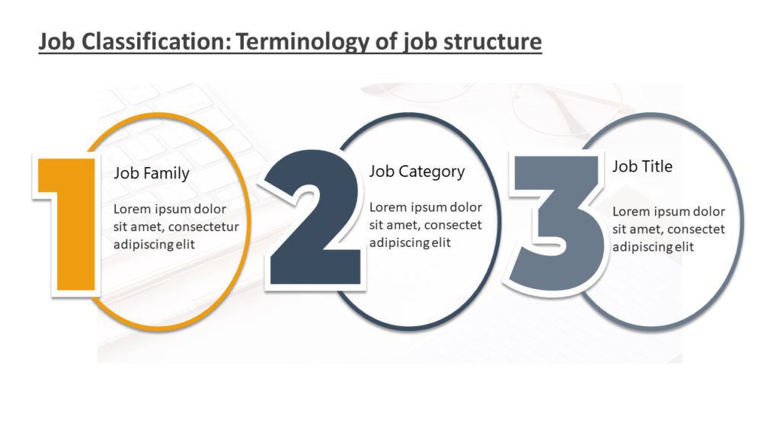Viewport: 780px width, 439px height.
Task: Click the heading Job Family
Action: [x=152, y=174]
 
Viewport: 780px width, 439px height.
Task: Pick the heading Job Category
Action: [x=417, y=171]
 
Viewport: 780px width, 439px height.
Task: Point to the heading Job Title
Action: [x=642, y=166]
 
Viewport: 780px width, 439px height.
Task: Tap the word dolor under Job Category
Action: [x=466, y=207]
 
